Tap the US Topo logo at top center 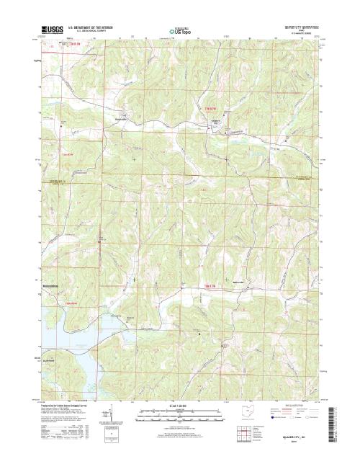180,31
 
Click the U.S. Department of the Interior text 94,27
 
